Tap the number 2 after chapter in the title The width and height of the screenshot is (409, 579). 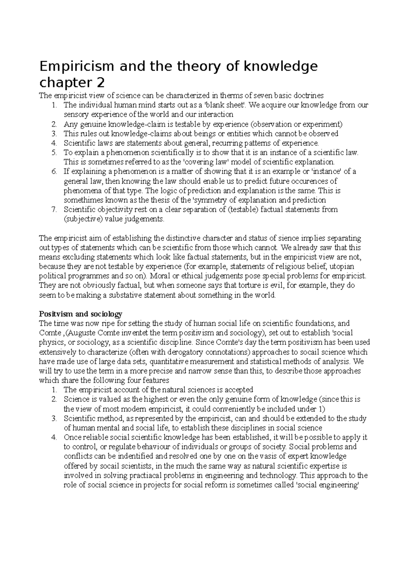click(x=101, y=83)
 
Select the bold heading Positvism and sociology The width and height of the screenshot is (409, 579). click(x=80, y=314)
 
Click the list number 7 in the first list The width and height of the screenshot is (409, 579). click(x=54, y=209)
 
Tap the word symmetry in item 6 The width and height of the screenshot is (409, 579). click(x=213, y=200)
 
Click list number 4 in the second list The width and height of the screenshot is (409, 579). click(x=54, y=437)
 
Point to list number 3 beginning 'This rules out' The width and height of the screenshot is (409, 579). click(x=54, y=134)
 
